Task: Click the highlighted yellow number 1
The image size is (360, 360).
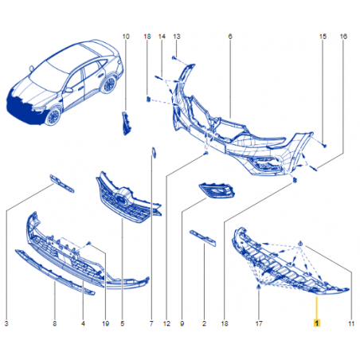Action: [317, 323]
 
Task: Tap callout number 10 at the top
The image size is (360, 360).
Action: [126, 37]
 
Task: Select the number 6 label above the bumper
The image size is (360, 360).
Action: [230, 37]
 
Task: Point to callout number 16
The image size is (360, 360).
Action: [343, 37]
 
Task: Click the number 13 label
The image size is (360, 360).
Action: [177, 37]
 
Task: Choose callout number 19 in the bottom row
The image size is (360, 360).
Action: [106, 323]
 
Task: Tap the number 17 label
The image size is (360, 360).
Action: [259, 323]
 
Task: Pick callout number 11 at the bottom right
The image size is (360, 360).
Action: [351, 323]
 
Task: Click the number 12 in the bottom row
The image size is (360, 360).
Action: [166, 323]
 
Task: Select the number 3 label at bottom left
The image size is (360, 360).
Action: [6, 323]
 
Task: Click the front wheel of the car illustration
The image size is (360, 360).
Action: [53, 116]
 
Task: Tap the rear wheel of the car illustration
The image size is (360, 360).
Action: [109, 84]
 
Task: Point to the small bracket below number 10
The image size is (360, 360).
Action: [127, 123]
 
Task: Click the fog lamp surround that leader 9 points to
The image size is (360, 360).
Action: [217, 191]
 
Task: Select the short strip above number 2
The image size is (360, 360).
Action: [203, 238]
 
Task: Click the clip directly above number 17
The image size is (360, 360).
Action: [259, 287]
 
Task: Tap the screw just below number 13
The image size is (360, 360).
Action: [174, 57]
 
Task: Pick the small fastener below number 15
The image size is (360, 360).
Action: [325, 146]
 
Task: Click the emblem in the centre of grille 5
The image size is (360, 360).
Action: [120, 198]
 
